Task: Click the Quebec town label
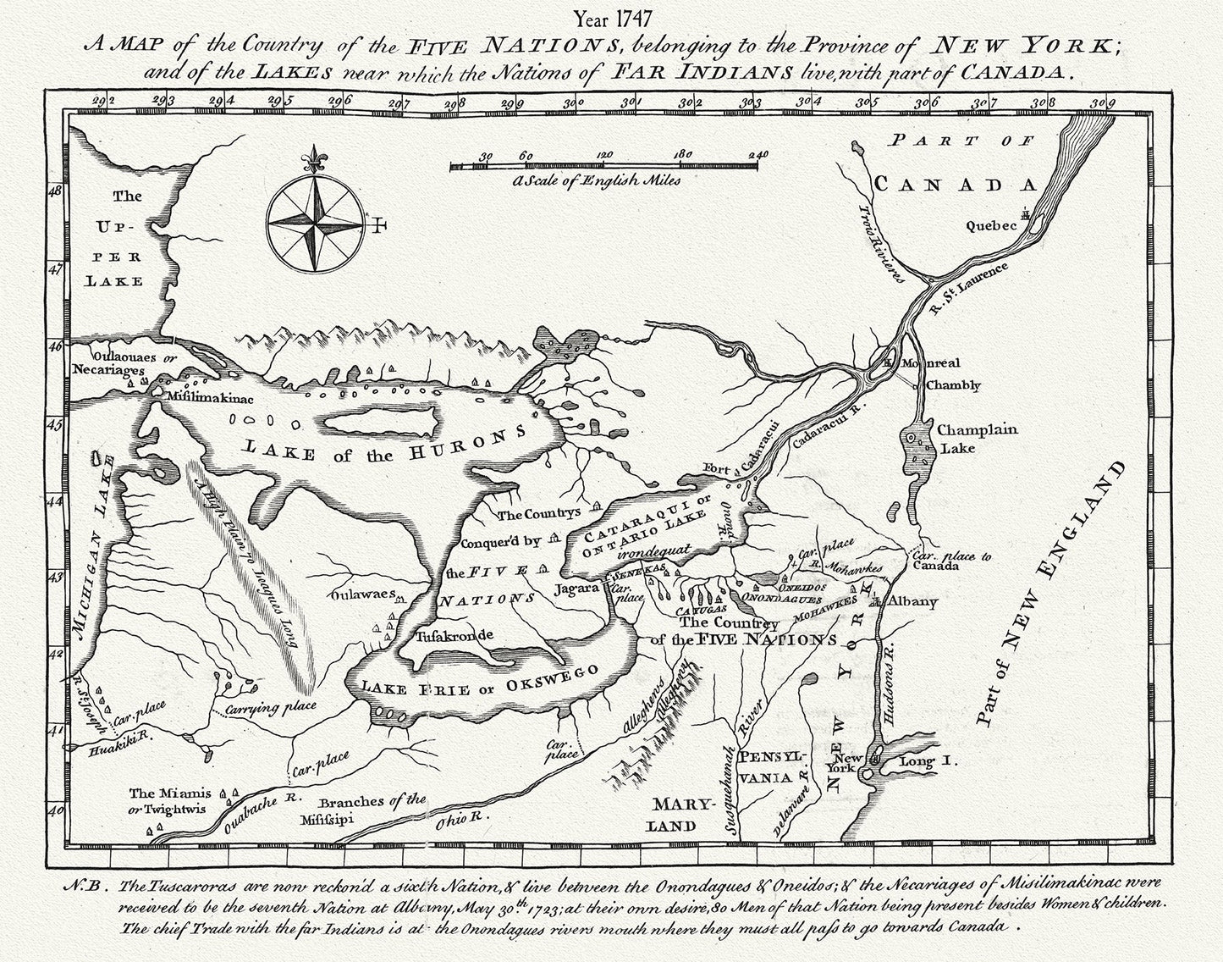(991, 226)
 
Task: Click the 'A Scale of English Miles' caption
(597, 180)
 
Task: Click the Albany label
(912, 602)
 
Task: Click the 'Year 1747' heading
(611, 16)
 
